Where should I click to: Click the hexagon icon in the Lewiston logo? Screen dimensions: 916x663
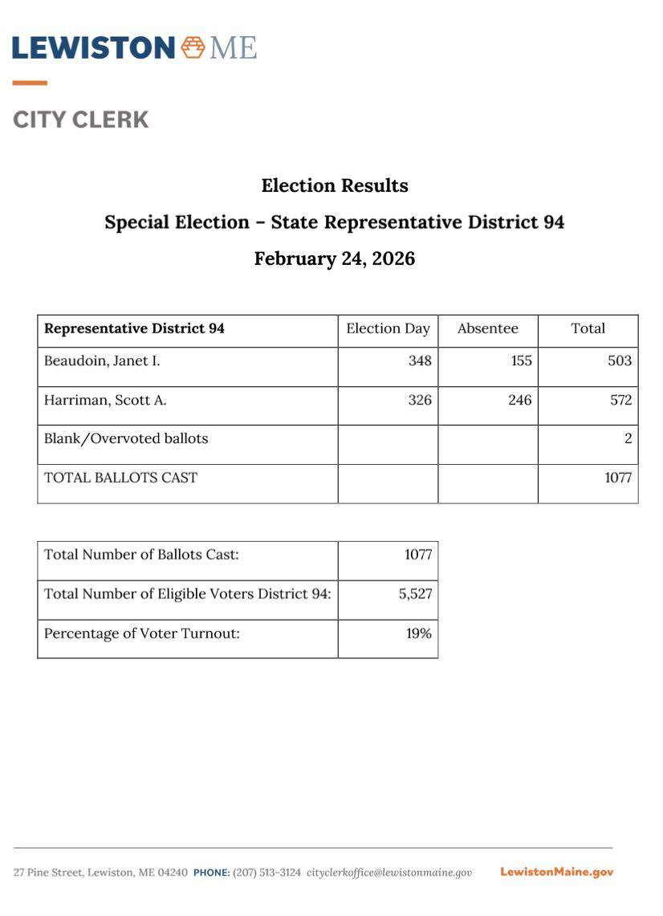pos(193,47)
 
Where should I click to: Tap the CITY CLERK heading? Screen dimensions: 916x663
pos(81,120)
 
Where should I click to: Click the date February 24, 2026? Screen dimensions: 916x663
pos(335,259)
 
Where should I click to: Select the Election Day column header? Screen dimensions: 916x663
pos(388,328)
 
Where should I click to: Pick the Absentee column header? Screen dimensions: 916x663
pos(487,328)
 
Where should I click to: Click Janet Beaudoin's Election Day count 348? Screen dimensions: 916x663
pos(420,361)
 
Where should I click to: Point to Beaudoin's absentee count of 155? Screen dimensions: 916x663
pos(521,361)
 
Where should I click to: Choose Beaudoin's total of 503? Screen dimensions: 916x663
pos(620,361)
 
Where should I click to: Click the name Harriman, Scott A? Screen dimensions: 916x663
pos(105,400)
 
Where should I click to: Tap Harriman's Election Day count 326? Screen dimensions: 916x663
pos(420,400)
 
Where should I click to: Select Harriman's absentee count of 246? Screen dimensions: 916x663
pos(519,400)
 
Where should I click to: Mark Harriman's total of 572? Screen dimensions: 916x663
pos(620,400)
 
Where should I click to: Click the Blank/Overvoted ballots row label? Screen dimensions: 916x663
pos(126,438)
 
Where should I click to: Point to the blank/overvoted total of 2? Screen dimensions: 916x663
pos(628,438)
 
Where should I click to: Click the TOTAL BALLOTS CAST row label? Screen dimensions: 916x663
pos(120,478)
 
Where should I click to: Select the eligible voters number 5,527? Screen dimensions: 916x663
pos(415,594)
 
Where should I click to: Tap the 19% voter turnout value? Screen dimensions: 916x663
pos(418,633)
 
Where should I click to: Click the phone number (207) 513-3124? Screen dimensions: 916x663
pos(266,873)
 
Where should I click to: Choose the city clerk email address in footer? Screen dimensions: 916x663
pos(389,873)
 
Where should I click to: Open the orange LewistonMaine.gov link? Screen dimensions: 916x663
pos(556,872)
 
